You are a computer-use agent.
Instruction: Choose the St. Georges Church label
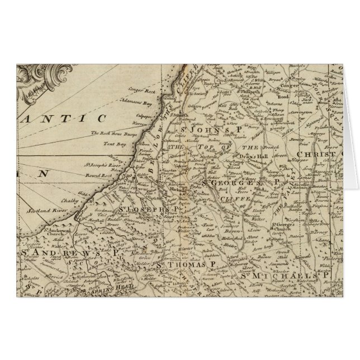[x=280, y=228]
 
